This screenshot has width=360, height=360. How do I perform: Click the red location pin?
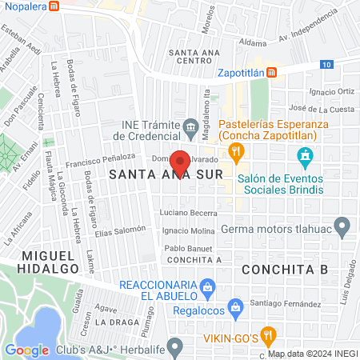180,162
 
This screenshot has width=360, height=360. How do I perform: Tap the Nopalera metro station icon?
54,6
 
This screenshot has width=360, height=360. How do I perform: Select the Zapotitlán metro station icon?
272,72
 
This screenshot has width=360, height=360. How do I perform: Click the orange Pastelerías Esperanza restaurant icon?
235,151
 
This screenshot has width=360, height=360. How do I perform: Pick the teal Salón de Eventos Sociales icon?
304,155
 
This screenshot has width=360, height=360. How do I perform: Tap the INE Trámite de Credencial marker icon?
190,126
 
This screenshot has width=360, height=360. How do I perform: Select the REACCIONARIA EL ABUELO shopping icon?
207,286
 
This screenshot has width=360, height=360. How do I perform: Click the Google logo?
26,350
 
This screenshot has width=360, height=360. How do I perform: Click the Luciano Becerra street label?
188,214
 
